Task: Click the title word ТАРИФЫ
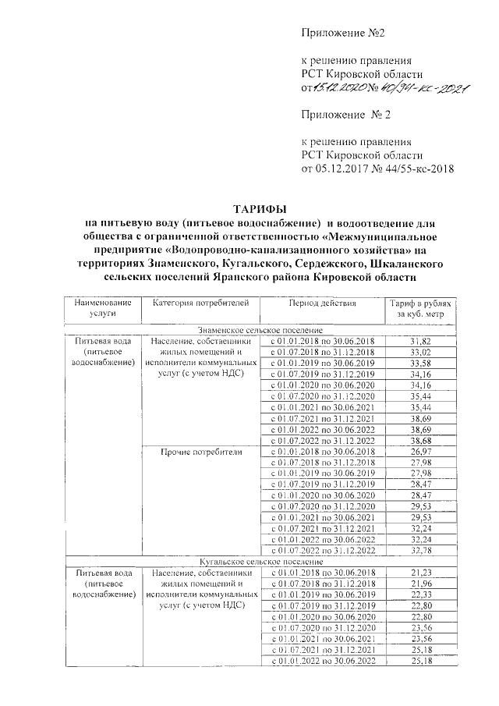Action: pyautogui.click(x=261, y=209)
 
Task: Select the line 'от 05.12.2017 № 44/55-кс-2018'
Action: pyautogui.click(x=377, y=167)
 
